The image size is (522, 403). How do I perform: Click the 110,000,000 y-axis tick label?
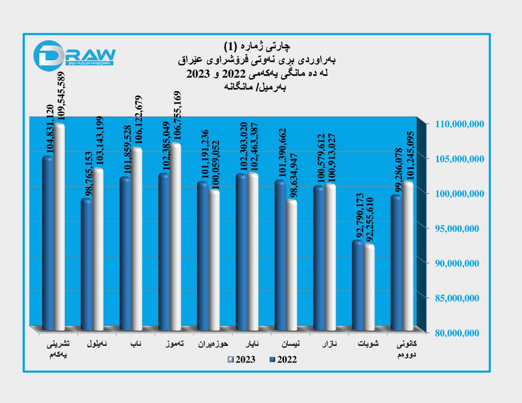[459, 124]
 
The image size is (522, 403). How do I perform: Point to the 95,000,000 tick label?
[457, 229]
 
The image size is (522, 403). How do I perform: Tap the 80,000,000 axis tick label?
[457, 333]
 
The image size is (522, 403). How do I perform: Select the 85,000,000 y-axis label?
[457, 298]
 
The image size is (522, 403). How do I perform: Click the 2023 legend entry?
[242, 359]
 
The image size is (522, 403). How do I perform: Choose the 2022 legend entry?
[283, 359]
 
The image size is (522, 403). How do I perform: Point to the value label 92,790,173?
[360, 216]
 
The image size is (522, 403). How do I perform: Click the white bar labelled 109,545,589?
[59, 228]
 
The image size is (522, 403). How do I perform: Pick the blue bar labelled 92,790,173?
[358, 287]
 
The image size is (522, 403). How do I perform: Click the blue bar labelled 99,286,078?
[396, 264]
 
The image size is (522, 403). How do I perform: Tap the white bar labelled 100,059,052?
[214, 261]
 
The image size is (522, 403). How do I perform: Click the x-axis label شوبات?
[368, 344]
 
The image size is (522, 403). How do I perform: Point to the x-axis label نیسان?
[290, 344]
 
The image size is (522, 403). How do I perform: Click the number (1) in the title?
[230, 47]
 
